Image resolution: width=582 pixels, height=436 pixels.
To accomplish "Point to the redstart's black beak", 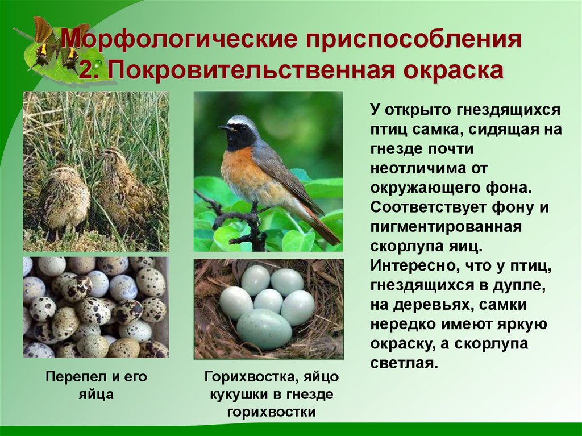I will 224,128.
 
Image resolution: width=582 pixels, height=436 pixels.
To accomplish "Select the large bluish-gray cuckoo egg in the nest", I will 264,329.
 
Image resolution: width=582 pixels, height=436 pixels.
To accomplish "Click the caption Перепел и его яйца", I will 96,385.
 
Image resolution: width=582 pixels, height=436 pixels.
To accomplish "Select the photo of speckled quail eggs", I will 95,308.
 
